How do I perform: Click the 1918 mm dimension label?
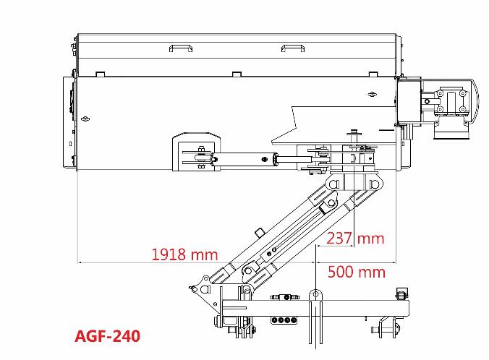(184, 254)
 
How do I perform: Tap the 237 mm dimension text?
(355, 239)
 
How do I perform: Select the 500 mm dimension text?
(357, 272)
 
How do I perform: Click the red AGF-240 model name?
(108, 336)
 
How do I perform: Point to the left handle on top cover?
(181, 48)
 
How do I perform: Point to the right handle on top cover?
(292, 48)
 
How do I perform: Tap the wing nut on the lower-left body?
(85, 119)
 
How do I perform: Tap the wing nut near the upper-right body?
(371, 94)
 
